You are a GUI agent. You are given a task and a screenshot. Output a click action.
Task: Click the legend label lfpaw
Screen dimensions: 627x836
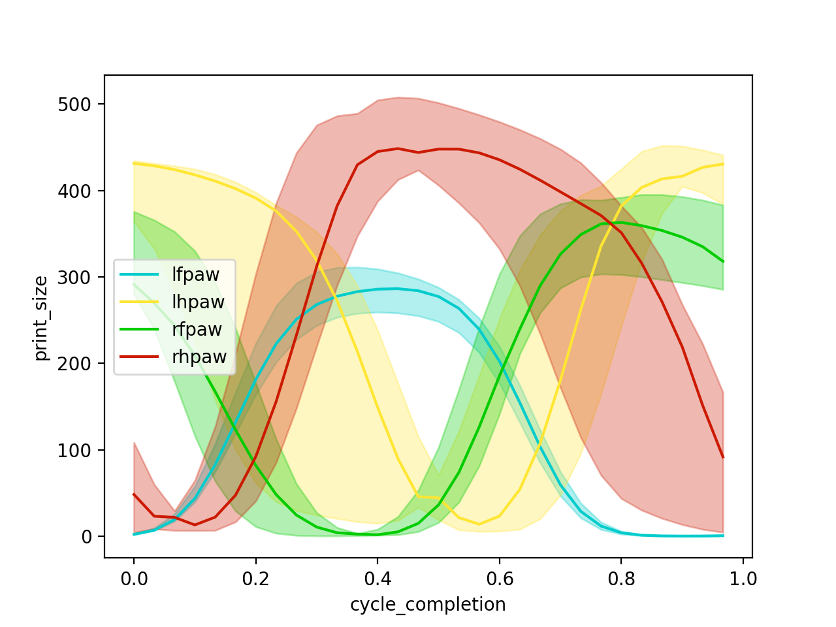point(195,274)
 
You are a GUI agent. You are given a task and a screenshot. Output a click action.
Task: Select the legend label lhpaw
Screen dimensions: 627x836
point(198,302)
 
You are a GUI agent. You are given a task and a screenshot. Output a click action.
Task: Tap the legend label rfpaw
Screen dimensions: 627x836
point(197,329)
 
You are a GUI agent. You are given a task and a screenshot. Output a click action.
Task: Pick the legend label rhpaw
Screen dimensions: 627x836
point(199,357)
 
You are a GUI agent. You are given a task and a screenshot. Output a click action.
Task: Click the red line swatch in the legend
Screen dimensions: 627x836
point(139,357)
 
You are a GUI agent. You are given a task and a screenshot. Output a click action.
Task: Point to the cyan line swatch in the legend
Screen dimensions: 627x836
point(139,274)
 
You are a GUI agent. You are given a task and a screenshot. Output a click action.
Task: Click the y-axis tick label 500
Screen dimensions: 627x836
point(74,104)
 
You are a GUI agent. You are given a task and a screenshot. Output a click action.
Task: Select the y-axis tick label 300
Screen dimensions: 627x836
point(74,278)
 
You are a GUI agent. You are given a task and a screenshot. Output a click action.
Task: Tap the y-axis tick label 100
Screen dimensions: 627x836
point(74,450)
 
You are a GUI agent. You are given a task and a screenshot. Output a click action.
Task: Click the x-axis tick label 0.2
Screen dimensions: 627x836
point(255,579)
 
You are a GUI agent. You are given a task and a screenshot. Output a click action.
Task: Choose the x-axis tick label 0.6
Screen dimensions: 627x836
point(500,579)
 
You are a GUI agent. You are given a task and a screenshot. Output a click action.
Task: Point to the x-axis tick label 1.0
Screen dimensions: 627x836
point(743,579)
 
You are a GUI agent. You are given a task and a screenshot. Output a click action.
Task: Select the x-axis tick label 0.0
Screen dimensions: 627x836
point(134,579)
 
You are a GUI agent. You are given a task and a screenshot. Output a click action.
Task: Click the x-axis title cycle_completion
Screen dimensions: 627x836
point(428,604)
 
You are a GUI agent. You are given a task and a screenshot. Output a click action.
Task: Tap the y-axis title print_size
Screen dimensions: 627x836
point(41,318)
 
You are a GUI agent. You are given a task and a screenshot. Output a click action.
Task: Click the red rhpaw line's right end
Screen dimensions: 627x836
point(723,457)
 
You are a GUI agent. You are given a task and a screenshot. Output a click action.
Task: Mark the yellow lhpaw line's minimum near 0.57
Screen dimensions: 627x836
point(479,524)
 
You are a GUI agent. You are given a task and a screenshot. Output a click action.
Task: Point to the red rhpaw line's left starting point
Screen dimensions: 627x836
point(134,494)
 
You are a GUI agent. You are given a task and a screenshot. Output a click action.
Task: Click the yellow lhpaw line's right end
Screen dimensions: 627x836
point(723,164)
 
